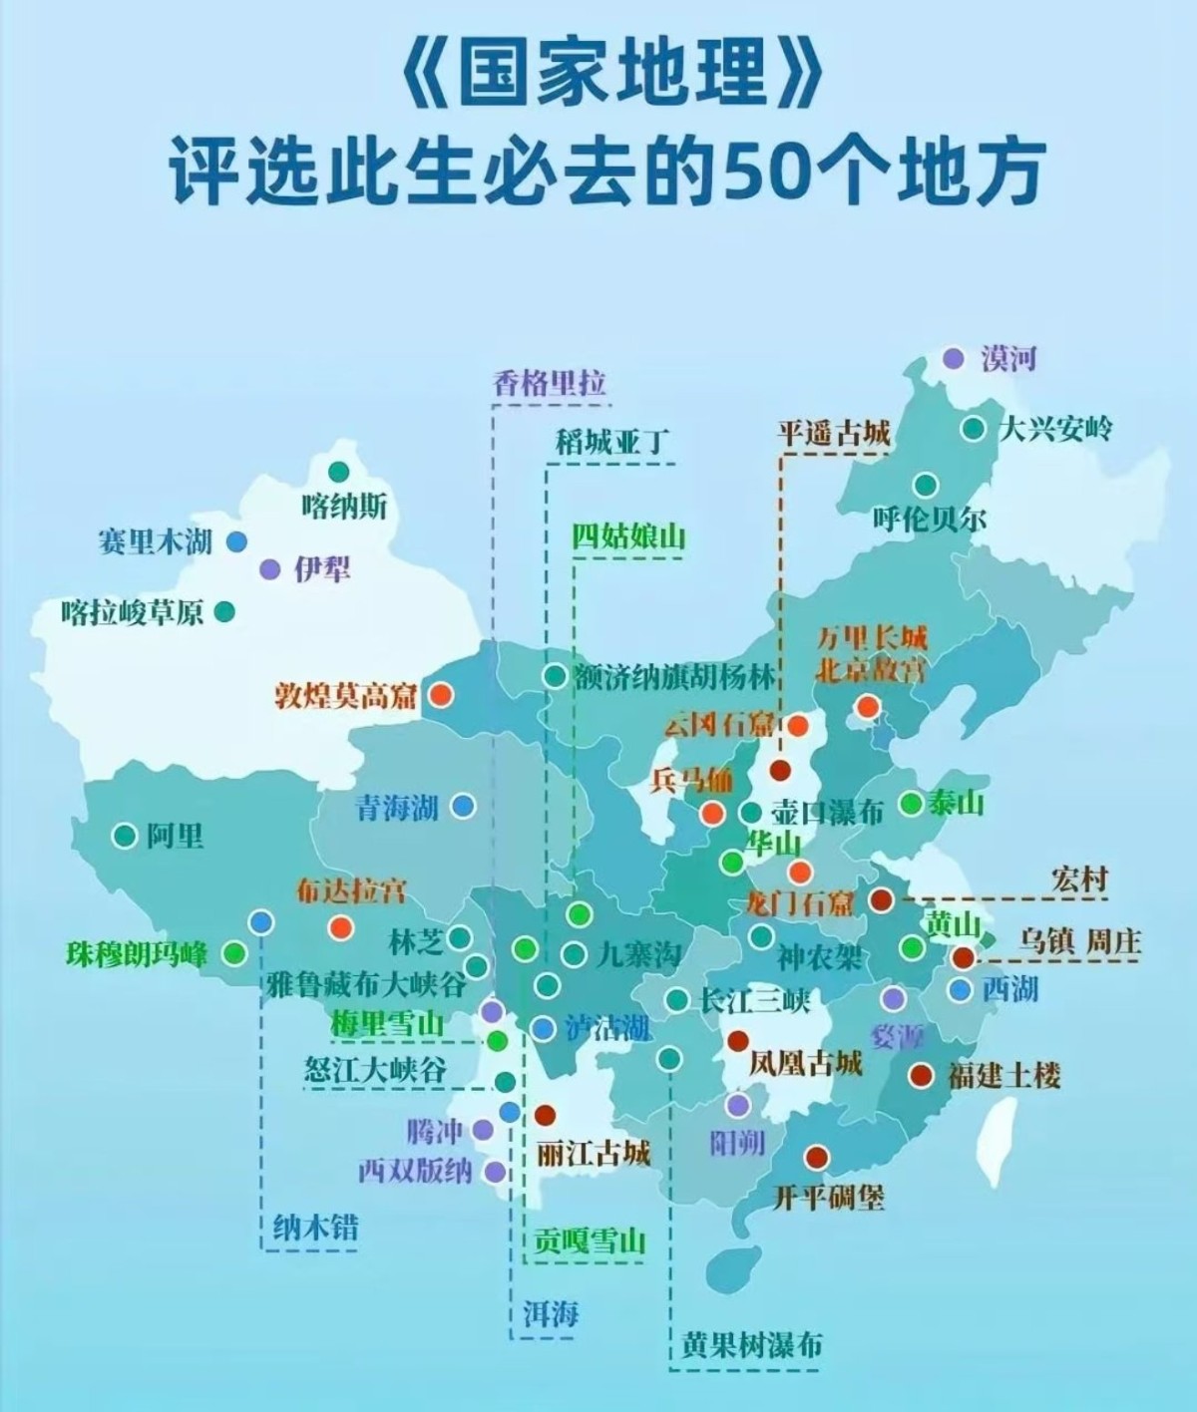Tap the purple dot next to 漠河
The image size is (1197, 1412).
pyautogui.click(x=955, y=358)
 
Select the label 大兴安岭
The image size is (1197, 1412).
pyautogui.click(x=1055, y=430)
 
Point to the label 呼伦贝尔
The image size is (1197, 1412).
pyautogui.click(x=929, y=520)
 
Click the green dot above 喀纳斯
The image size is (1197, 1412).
pyautogui.click(x=339, y=470)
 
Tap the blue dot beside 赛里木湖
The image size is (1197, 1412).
pyautogui.click(x=236, y=541)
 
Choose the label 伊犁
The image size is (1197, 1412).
pyautogui.click(x=321, y=569)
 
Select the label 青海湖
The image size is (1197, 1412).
pyautogui.click(x=398, y=807)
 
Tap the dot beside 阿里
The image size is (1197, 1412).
pyautogui.click(x=124, y=836)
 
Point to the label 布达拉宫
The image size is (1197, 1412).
pyautogui.click(x=351, y=890)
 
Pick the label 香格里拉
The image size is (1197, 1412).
pyautogui.click(x=550, y=383)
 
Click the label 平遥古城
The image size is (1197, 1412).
pyautogui.click(x=833, y=434)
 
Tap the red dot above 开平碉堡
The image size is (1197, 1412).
pyautogui.click(x=817, y=1157)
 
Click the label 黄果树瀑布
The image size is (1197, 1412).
pyautogui.click(x=752, y=1345)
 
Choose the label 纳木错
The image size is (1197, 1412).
pyautogui.click(x=315, y=1227)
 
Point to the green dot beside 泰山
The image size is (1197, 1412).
pyautogui.click(x=911, y=803)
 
